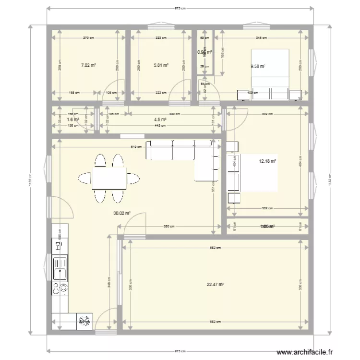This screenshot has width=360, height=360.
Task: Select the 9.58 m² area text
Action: click(x=258, y=67)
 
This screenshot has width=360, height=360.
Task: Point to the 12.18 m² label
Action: click(x=268, y=162)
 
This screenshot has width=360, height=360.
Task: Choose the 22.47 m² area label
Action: click(x=216, y=284)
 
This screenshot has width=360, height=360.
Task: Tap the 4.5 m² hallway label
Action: click(x=160, y=120)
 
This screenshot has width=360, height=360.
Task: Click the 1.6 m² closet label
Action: click(x=72, y=120)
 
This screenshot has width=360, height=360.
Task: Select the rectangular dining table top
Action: click(x=109, y=178)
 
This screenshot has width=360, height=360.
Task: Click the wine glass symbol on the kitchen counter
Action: click(x=59, y=246)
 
